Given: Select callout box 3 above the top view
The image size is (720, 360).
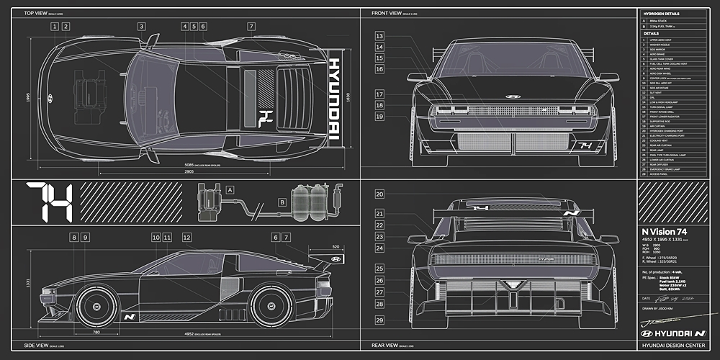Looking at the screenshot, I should (x=142, y=27).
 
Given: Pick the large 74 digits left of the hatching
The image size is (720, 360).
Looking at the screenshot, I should (x=49, y=202).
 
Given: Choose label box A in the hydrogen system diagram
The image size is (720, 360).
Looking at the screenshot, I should (x=230, y=189).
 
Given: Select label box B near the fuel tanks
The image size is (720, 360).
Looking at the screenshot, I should (x=282, y=203).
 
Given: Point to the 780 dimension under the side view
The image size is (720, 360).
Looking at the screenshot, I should (x=96, y=333).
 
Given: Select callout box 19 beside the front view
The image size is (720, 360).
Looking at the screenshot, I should (x=379, y=116).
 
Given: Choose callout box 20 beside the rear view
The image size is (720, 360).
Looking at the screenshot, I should (x=379, y=194).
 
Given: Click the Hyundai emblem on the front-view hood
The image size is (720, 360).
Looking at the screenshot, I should (x=513, y=96).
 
